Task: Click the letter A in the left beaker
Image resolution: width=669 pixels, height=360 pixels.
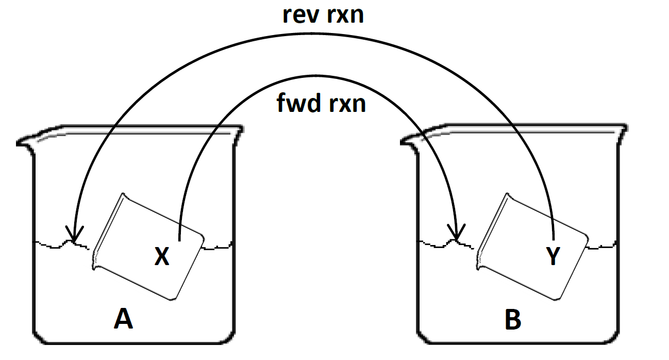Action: point(123,320)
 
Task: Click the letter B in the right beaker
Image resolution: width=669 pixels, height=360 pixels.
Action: point(513,320)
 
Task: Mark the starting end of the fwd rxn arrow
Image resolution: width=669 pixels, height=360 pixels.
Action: point(179,240)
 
